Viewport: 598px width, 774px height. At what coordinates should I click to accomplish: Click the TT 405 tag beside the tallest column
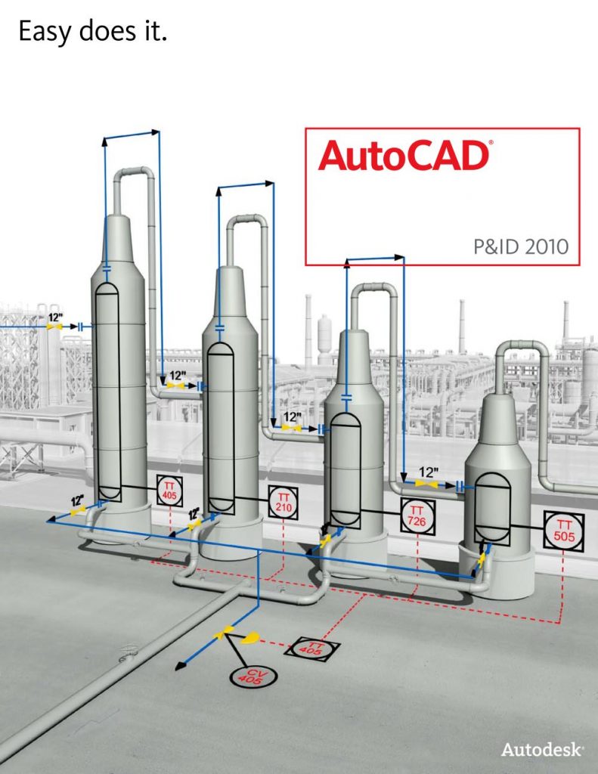click(169, 490)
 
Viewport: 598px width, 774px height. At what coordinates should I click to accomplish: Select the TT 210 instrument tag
click(283, 503)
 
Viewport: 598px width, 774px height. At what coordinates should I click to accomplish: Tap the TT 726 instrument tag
click(418, 516)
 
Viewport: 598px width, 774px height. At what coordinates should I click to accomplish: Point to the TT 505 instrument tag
click(564, 531)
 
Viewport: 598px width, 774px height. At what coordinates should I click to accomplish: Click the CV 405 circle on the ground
click(253, 676)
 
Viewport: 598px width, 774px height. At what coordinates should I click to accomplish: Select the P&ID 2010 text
click(521, 246)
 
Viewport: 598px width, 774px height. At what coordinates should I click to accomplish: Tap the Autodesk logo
click(542, 749)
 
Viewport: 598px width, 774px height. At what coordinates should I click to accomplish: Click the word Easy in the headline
click(46, 32)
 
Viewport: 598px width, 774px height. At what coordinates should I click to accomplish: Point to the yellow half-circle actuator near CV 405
click(250, 638)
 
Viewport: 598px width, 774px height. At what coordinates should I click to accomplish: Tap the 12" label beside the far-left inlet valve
click(55, 317)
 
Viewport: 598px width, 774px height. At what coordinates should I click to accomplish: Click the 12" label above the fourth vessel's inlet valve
click(428, 472)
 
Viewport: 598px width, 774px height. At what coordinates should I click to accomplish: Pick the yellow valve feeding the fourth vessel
click(426, 485)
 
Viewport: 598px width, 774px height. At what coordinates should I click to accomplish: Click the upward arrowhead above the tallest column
click(104, 141)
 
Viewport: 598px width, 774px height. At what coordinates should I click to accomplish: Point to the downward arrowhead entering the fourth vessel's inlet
click(404, 478)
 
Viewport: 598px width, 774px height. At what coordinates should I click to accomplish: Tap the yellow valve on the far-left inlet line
click(54, 327)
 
